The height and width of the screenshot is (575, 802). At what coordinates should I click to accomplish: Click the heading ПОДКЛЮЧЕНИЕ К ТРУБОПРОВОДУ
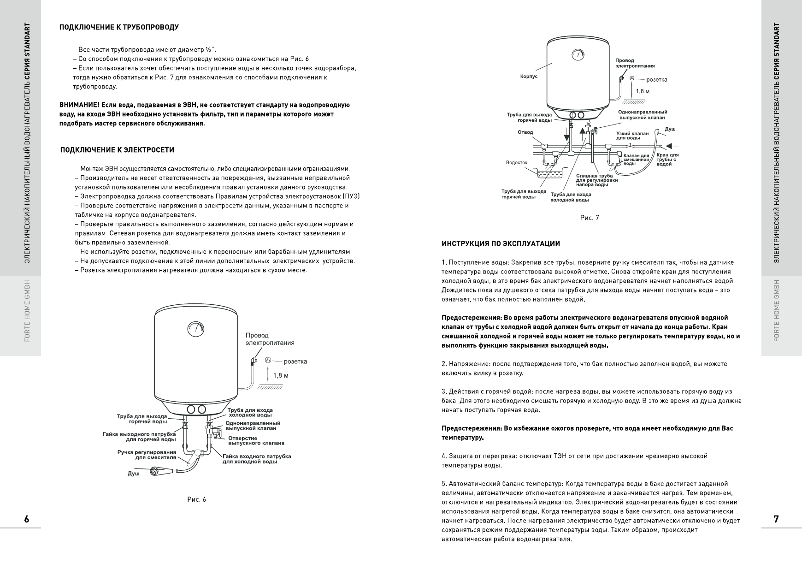point(119,27)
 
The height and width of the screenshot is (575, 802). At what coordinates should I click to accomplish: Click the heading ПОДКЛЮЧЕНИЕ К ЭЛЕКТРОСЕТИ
point(117,150)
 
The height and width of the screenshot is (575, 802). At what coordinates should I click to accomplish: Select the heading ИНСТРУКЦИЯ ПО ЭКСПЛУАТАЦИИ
point(501,243)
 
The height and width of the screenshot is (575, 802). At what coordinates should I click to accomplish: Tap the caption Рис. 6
point(197,500)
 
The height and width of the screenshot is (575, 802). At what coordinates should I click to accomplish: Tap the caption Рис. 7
point(590,218)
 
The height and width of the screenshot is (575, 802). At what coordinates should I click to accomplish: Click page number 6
point(27,519)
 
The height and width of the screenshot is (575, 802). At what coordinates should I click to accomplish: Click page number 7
point(776,519)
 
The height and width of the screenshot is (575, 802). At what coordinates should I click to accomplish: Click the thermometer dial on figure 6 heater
point(195,329)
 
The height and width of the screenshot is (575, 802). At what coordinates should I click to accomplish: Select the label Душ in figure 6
point(133,474)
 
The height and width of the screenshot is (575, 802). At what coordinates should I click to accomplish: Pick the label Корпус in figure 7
point(529,77)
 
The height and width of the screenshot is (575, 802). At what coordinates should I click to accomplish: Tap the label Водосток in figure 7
point(516,163)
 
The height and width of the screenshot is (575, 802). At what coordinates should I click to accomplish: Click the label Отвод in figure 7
point(525,132)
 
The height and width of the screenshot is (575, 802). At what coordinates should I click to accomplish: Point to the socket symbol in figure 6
point(268,362)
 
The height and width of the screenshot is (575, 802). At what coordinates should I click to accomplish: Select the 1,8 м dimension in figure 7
point(643,91)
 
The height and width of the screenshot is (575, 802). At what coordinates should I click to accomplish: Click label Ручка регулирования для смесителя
point(147,455)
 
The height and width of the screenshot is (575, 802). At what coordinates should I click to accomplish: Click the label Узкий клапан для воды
point(632,136)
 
